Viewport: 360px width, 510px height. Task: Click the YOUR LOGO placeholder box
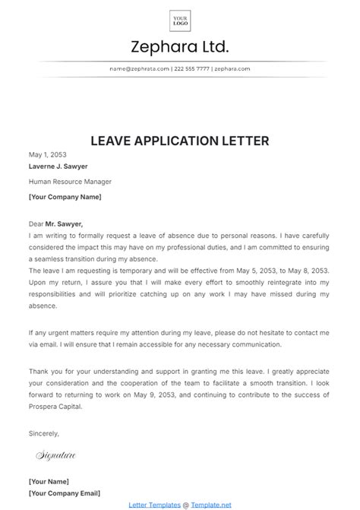(x=180, y=21)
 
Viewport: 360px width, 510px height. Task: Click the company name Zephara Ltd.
(x=180, y=47)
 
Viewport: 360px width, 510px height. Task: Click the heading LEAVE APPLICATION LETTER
(x=179, y=141)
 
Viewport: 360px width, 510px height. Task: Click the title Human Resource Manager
(x=70, y=182)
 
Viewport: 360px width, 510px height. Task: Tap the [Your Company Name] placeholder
(x=65, y=196)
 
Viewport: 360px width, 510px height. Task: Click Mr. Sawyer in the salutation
(x=65, y=223)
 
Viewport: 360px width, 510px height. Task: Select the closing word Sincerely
(x=43, y=432)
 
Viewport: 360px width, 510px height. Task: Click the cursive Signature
(x=56, y=455)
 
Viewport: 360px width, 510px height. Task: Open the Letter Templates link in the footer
(x=154, y=504)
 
